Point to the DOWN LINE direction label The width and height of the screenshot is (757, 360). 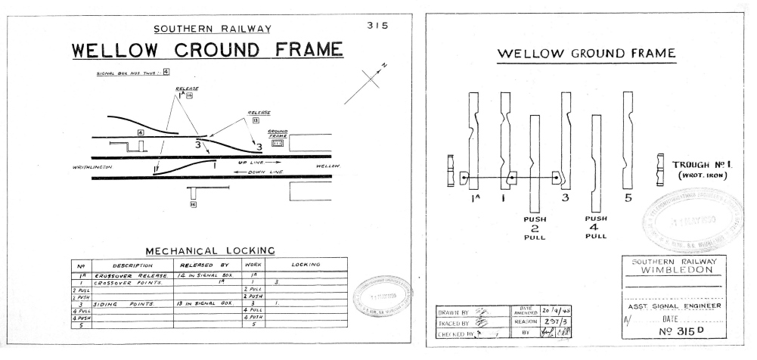click(256, 172)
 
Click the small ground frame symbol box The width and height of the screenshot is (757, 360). click(277, 143)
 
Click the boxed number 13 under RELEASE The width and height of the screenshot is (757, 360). click(257, 119)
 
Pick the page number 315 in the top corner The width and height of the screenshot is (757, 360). click(376, 25)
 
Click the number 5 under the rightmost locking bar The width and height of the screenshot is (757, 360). click(627, 198)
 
